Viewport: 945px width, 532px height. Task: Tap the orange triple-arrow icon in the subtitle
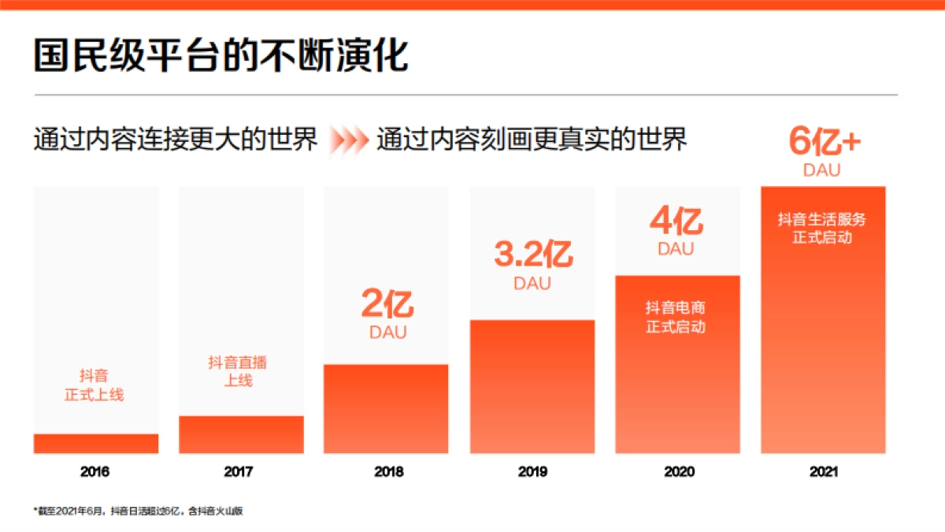point(348,141)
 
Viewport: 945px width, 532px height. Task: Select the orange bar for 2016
point(96,444)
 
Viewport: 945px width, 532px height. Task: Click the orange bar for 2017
point(241,434)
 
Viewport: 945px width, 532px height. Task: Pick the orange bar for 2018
point(386,409)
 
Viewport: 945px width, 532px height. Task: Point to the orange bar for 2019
point(532,386)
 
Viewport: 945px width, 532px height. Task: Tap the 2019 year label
point(532,472)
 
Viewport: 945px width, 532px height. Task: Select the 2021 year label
point(823,472)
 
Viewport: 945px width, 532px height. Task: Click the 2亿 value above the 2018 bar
point(387,304)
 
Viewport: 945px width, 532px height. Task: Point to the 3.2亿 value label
point(533,255)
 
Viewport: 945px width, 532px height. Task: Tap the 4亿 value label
point(676,221)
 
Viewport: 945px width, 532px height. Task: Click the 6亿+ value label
point(824,142)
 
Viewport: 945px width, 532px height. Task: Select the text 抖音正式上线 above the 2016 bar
point(94,385)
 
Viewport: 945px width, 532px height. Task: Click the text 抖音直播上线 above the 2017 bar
point(237,371)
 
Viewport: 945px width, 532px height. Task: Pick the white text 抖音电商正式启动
point(676,317)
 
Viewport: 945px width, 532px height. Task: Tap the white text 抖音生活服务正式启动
point(822,228)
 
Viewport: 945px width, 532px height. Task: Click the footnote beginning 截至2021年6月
point(139,511)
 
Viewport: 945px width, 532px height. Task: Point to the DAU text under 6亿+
point(822,169)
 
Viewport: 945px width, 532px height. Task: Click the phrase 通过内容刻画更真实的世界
point(532,140)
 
